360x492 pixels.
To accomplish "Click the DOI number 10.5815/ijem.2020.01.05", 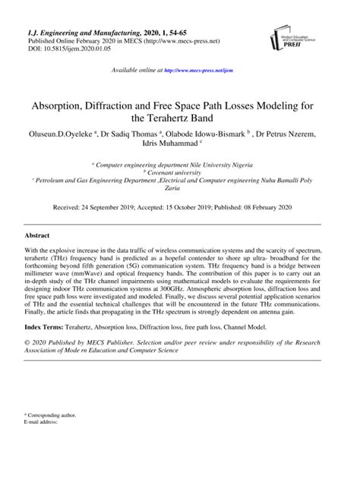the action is coord(76,48).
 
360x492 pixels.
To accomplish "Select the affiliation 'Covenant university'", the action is coord(182,172).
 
